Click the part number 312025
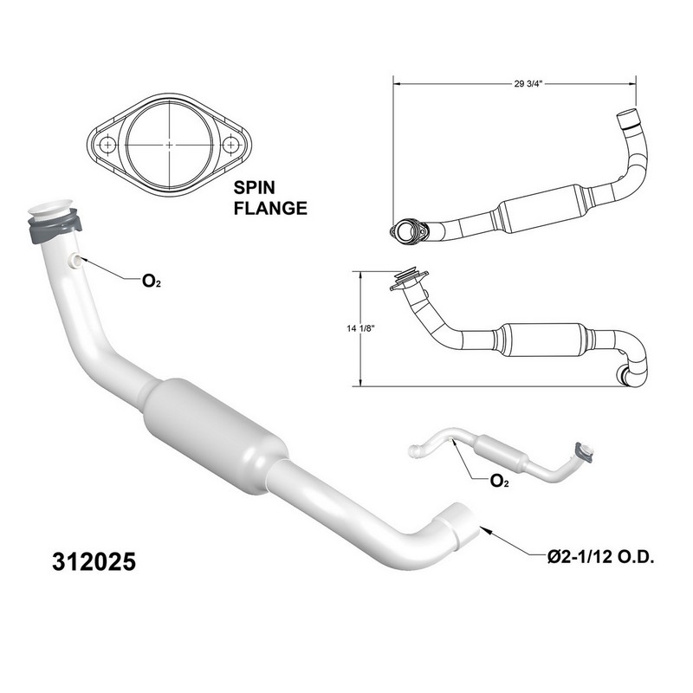(x=94, y=561)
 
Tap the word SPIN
(x=254, y=187)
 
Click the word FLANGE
(x=270, y=208)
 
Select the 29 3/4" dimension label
(x=528, y=83)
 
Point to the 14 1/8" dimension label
(x=361, y=328)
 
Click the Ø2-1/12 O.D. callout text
(x=600, y=557)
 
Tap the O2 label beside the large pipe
(x=151, y=281)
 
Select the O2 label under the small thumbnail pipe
(x=500, y=481)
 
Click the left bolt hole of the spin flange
(x=107, y=145)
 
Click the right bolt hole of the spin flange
(x=230, y=145)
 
